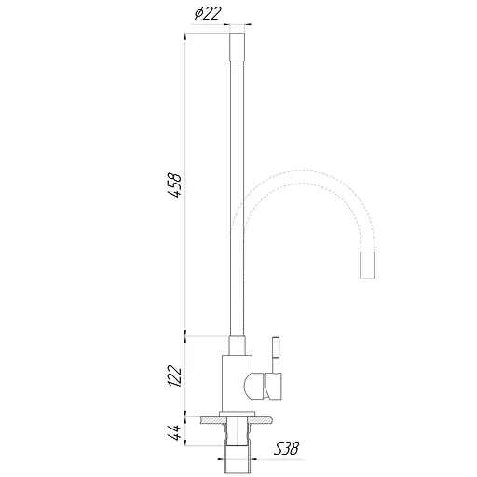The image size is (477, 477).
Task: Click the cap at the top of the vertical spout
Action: tap(238, 43)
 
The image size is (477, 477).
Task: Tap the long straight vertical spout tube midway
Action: tap(238, 186)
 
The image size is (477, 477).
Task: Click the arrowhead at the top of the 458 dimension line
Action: tap(189, 35)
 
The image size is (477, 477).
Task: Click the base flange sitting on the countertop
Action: tap(238, 414)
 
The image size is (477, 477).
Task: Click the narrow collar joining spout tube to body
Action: tap(238, 344)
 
